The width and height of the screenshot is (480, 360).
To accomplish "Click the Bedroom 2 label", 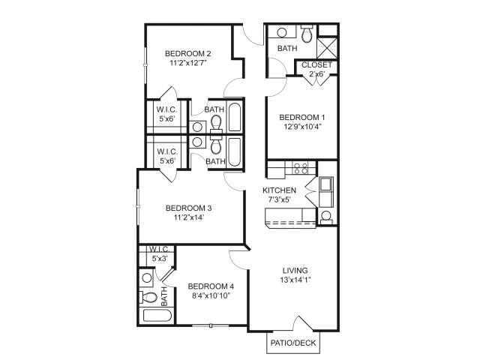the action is [x=188, y=53].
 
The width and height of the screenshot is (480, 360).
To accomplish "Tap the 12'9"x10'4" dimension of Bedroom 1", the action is [x=302, y=127].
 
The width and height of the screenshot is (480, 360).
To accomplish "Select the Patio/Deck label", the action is [x=293, y=343].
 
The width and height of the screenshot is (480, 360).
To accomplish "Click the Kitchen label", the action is [x=280, y=190].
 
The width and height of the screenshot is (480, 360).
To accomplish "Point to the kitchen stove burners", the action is [x=300, y=169].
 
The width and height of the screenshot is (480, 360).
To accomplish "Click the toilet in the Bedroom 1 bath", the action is [x=307, y=34].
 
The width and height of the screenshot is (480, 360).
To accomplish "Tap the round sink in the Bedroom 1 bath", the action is [x=282, y=32].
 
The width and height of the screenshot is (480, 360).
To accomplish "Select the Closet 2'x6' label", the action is [x=316, y=70].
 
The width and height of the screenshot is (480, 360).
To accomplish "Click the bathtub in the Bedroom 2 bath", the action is [x=235, y=117].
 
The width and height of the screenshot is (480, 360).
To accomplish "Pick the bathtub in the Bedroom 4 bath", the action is [x=157, y=316].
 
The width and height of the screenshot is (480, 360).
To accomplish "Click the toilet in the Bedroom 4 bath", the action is [x=148, y=297].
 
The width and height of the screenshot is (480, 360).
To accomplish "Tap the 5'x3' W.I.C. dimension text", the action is [x=160, y=259].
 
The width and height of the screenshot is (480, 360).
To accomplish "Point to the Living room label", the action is [x=295, y=271].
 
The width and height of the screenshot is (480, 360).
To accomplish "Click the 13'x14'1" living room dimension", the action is [x=295, y=280].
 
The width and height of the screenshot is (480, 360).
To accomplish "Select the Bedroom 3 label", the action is [x=188, y=208].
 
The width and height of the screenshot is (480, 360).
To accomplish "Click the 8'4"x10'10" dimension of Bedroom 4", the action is [x=211, y=295].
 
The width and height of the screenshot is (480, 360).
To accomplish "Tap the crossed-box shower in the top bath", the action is [x=327, y=48].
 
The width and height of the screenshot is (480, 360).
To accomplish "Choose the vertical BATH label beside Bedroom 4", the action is [x=164, y=296].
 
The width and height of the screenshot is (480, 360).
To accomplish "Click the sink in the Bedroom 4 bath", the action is [x=147, y=278].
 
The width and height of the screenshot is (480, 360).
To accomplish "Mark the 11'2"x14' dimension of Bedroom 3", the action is [x=188, y=217].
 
